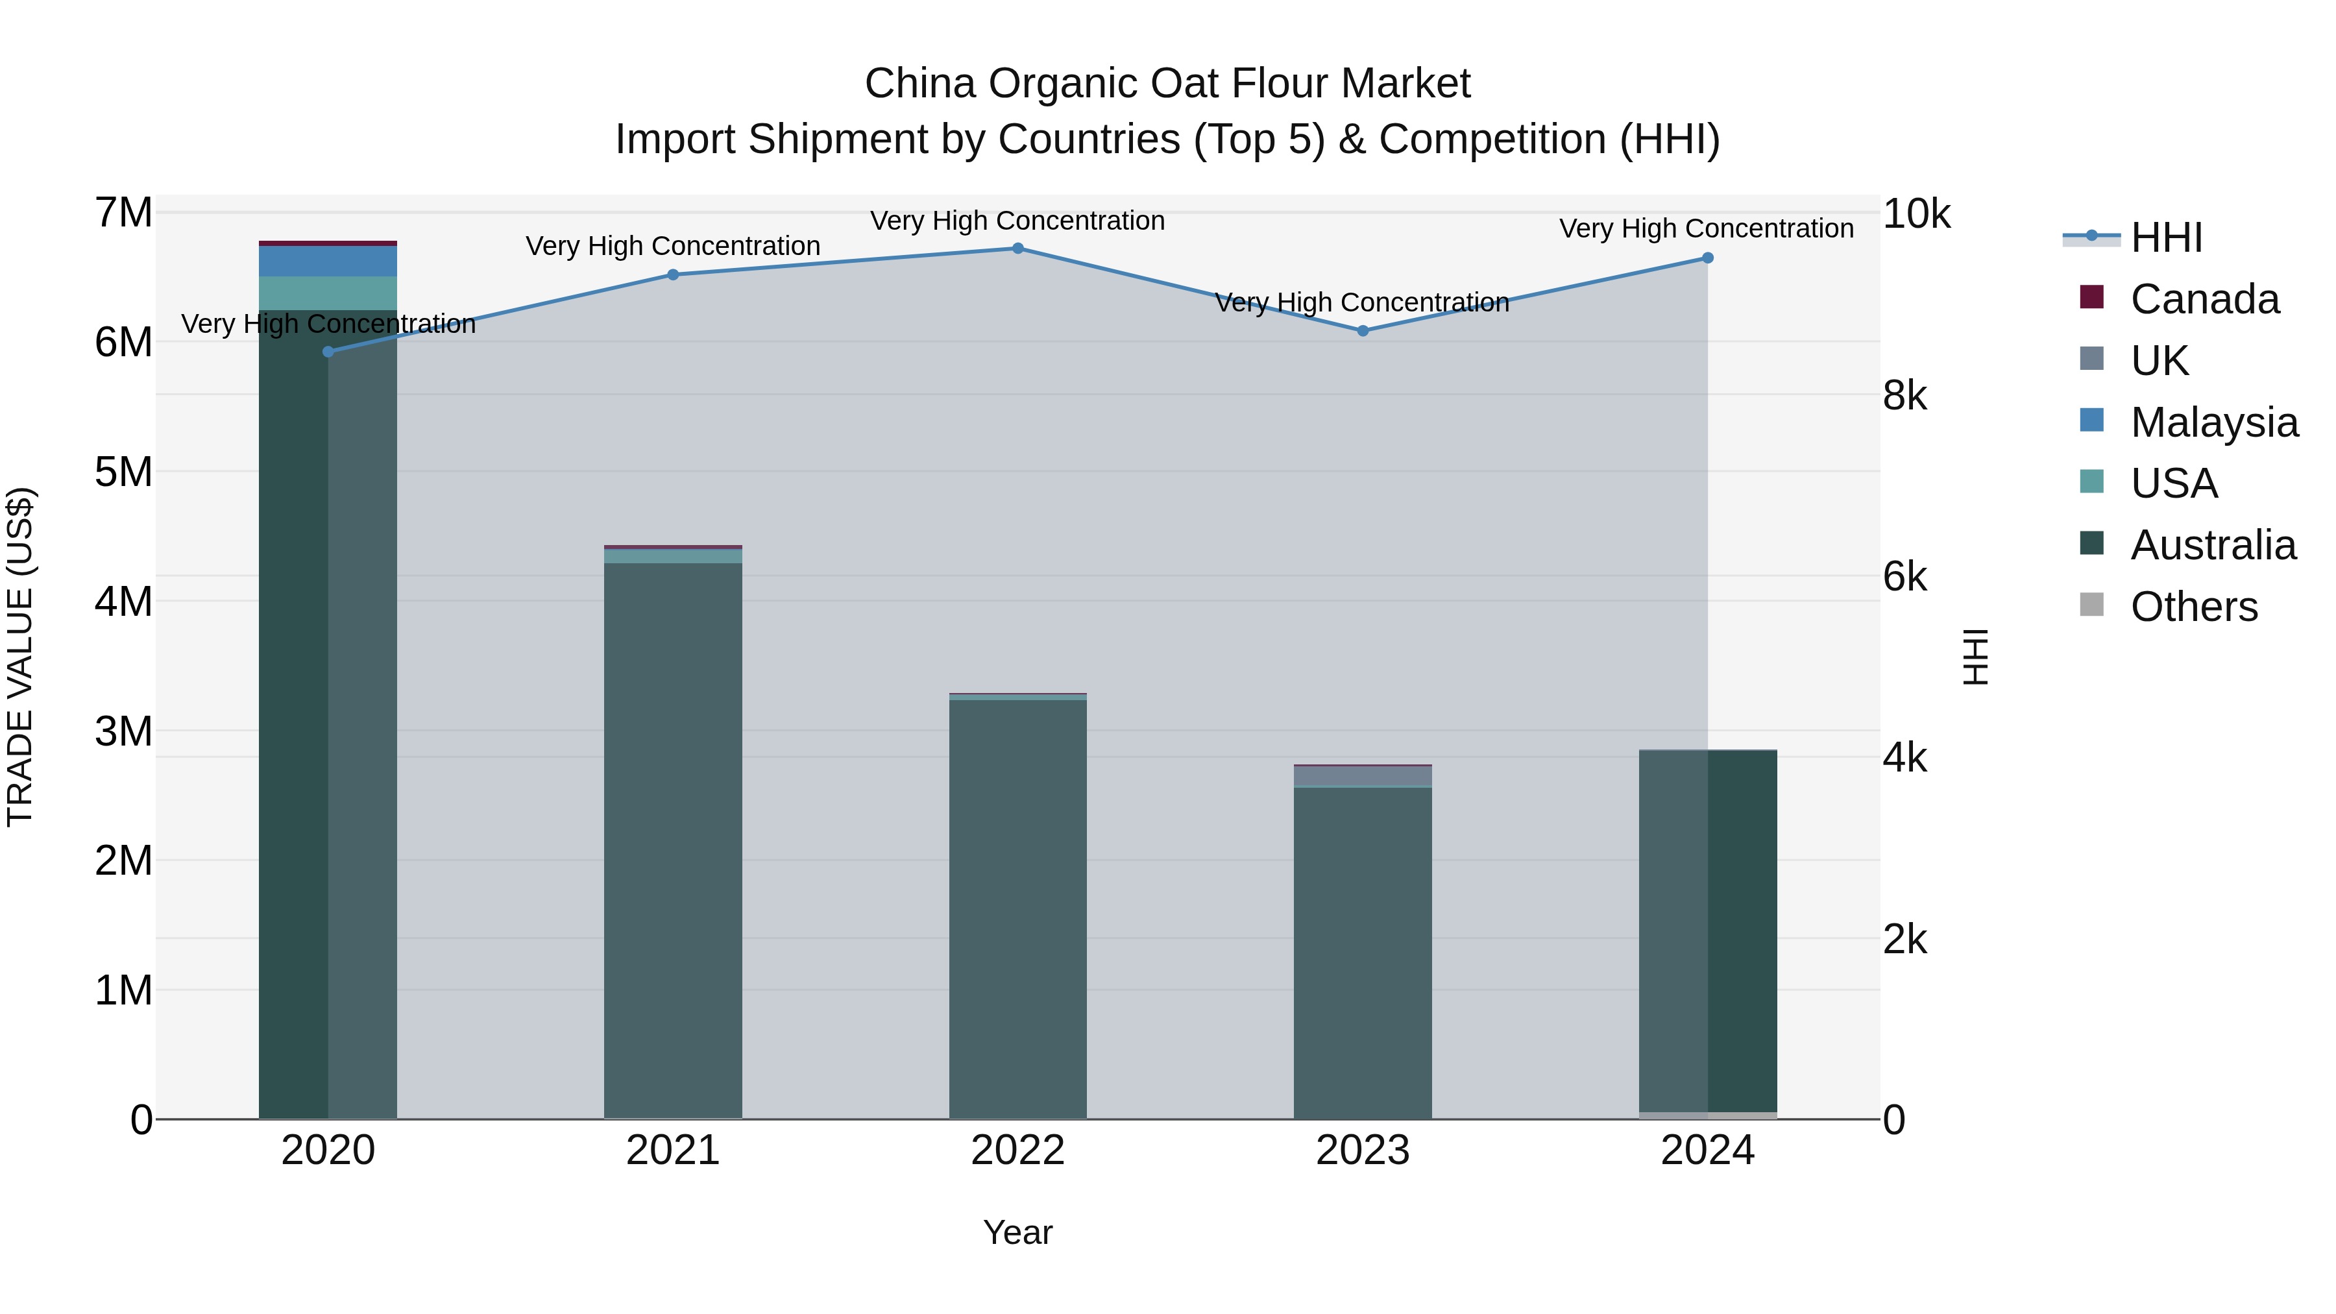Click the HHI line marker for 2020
click(x=328, y=352)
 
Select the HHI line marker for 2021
click(x=673, y=274)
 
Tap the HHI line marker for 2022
click(x=1017, y=249)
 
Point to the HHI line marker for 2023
click(x=1362, y=331)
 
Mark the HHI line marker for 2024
click(x=1708, y=258)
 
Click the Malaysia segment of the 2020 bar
click(x=328, y=261)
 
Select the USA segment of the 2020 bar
click(x=328, y=293)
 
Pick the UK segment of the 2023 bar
click(x=1362, y=776)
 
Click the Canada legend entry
click(x=2204, y=299)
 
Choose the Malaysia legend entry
click(x=2213, y=422)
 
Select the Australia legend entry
click(x=2213, y=545)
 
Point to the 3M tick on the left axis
click(x=124, y=731)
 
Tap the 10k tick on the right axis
click(x=1916, y=214)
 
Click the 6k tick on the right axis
click(x=1904, y=577)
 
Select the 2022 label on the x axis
click(x=1017, y=1150)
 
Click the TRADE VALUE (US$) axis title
click(x=20, y=657)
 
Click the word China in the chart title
click(x=919, y=84)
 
